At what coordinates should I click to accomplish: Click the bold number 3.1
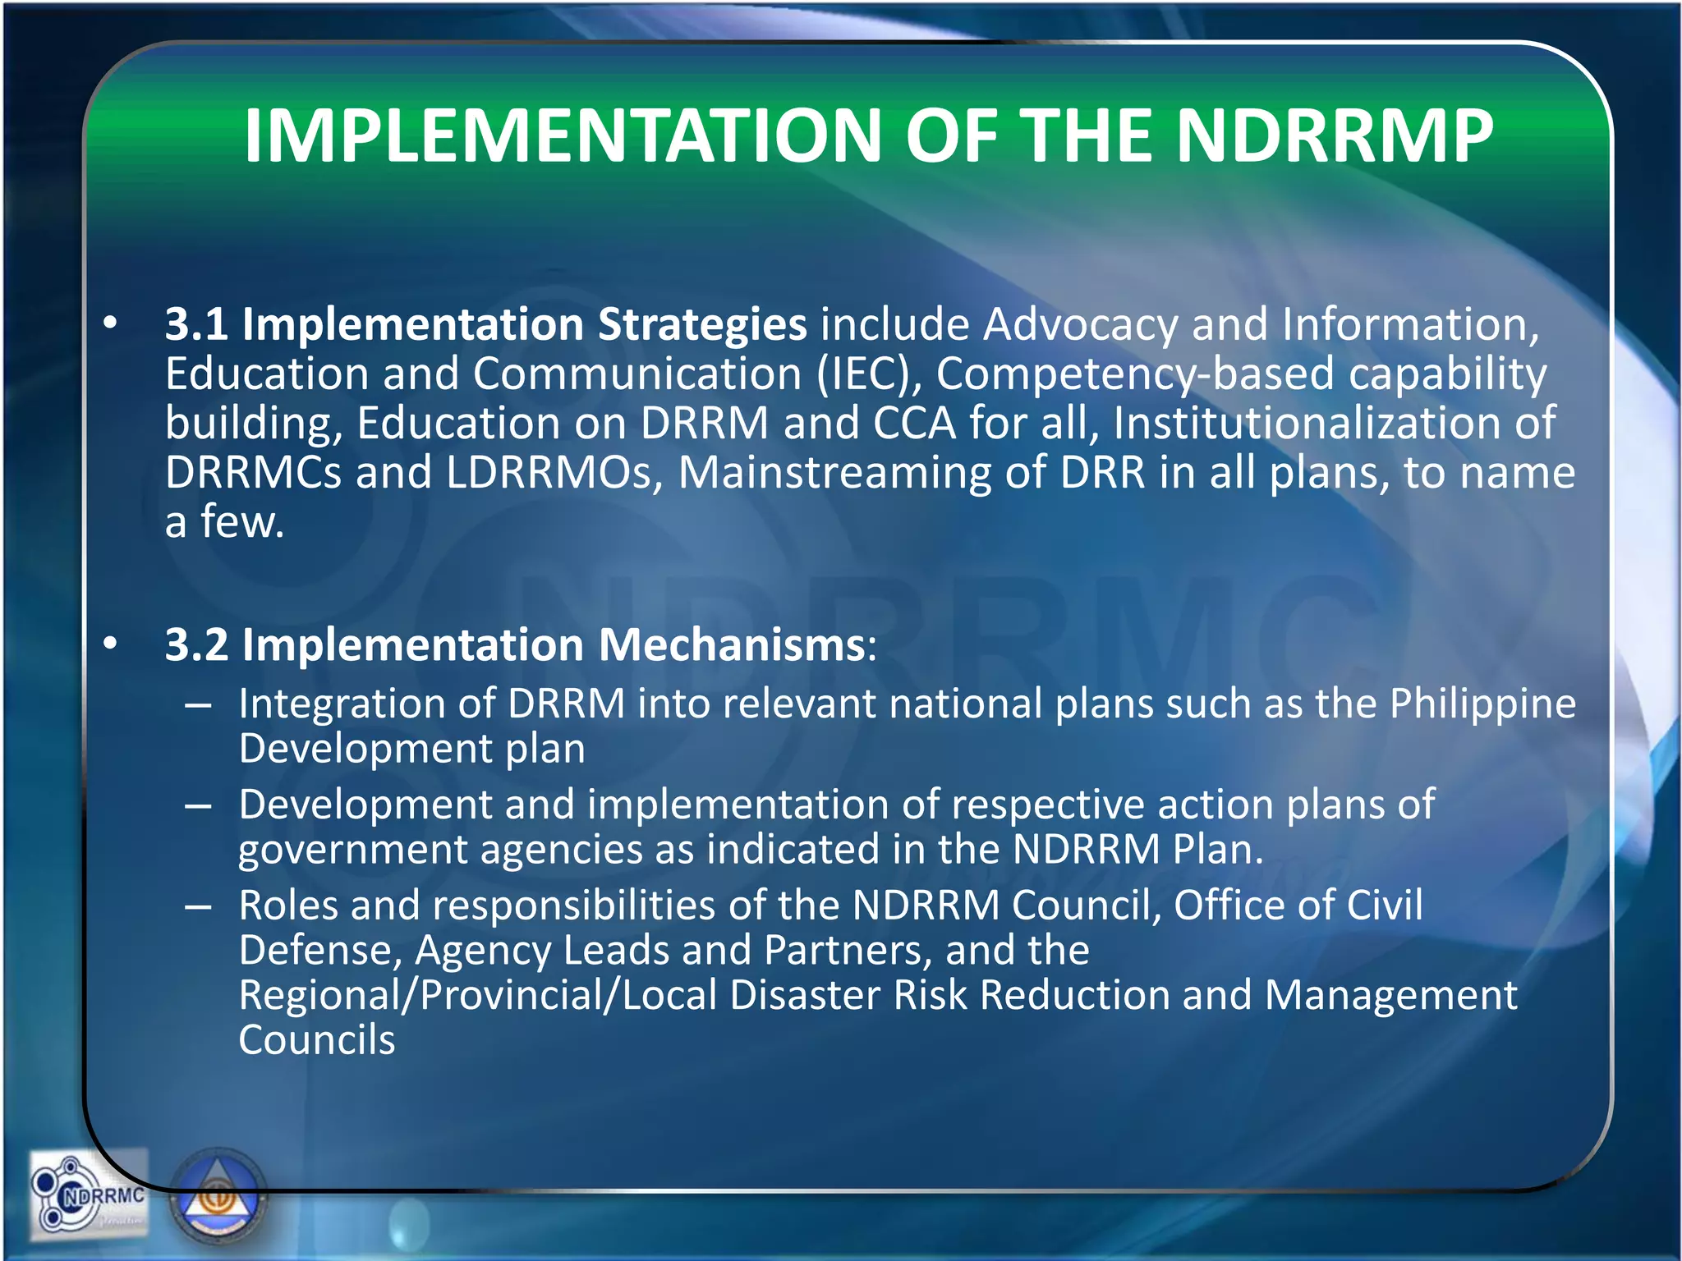click(x=196, y=324)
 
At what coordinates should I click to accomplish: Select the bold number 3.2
click(x=196, y=644)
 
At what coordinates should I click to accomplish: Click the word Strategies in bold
click(x=702, y=324)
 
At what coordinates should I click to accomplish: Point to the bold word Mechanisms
click(x=731, y=644)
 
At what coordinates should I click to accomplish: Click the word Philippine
click(x=1482, y=704)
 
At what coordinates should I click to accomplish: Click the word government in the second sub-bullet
click(x=352, y=851)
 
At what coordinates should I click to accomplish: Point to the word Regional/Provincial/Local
click(x=477, y=995)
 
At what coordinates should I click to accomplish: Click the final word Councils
click(x=317, y=1040)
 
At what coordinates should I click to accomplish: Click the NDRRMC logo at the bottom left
click(x=88, y=1195)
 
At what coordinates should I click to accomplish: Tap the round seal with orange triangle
click(x=219, y=1199)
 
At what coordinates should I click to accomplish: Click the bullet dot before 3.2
click(x=110, y=645)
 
